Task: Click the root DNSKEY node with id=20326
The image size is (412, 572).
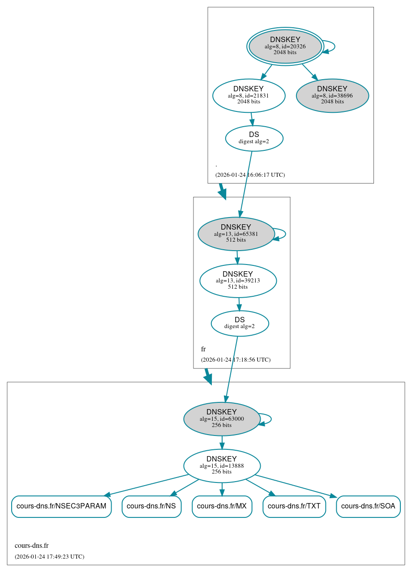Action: (x=285, y=46)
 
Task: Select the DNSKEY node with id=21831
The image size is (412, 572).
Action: (x=249, y=95)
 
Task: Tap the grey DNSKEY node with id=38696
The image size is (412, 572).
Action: (x=332, y=95)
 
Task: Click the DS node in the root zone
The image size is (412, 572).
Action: (x=254, y=138)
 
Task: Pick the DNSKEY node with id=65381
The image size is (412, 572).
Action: (x=236, y=234)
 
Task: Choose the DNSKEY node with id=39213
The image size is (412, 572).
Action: (x=238, y=281)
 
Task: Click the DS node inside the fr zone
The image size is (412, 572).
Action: (x=240, y=323)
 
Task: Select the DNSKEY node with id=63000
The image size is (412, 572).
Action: (x=222, y=419)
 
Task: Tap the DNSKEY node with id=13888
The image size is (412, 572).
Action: (x=222, y=465)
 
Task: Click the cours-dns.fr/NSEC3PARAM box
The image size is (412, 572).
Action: (x=61, y=506)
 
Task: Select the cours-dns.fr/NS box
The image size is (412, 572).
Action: (x=151, y=506)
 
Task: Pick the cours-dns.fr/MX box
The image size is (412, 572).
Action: (x=222, y=506)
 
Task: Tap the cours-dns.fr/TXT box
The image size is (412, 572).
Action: (x=294, y=506)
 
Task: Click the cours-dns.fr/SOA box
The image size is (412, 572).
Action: (x=368, y=506)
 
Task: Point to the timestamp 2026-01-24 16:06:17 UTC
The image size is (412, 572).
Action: (x=250, y=175)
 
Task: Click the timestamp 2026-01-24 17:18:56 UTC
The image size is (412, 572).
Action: (x=236, y=360)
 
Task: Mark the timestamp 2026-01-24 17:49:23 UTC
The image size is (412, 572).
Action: (x=49, y=557)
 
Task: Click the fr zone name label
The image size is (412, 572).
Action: (x=203, y=349)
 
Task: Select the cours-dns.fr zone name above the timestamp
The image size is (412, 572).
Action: (x=31, y=546)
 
